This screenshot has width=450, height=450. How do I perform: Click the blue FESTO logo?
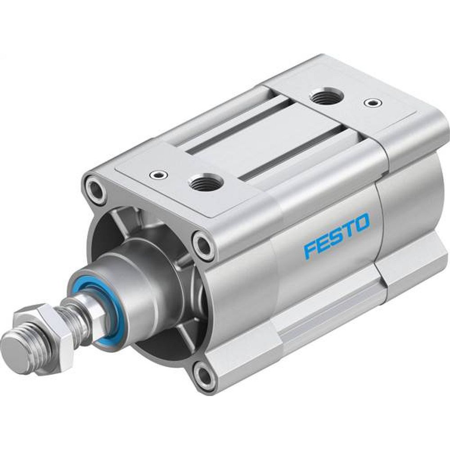[337, 235]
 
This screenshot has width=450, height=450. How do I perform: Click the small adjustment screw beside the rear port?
[372, 103]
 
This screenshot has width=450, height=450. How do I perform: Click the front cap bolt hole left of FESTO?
[203, 246]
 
